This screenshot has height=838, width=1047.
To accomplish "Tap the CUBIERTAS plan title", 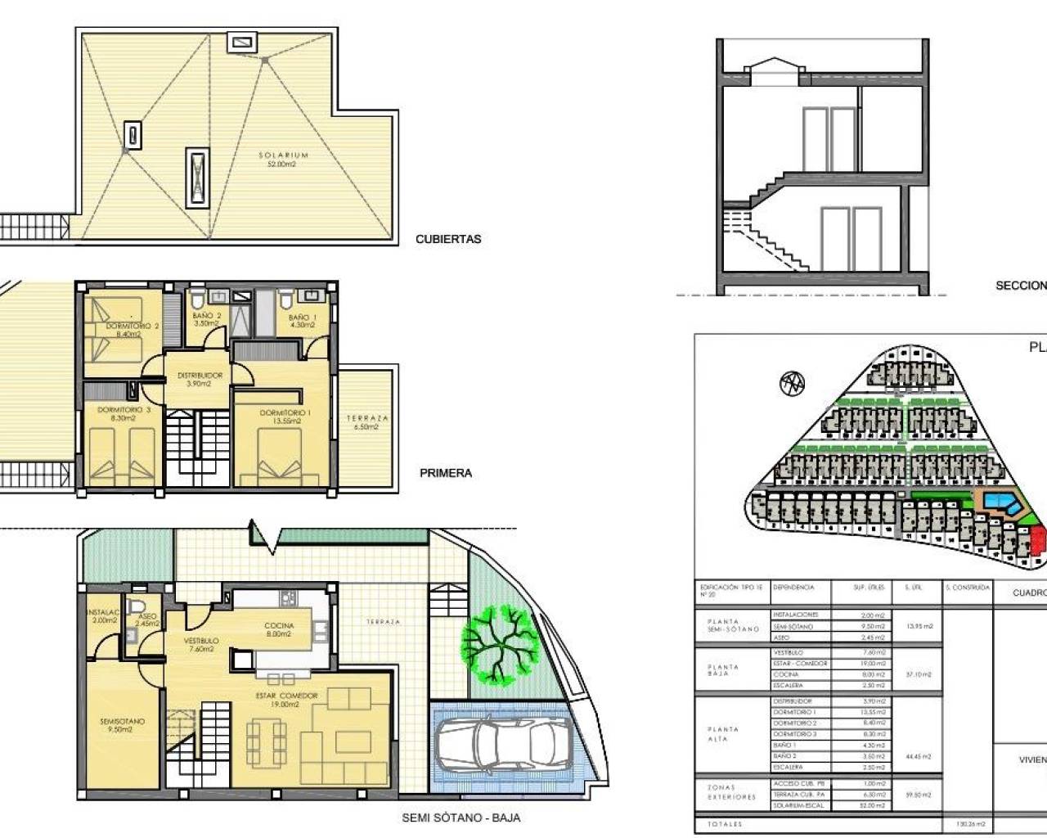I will (448, 240).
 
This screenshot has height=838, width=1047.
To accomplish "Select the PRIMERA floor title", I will (446, 473).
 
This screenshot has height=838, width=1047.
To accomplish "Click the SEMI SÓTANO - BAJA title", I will (461, 817).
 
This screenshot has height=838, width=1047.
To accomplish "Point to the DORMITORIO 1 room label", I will (285, 413).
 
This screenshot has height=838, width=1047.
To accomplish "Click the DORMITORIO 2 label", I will (132, 326).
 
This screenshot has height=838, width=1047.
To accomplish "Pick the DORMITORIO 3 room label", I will (124, 410).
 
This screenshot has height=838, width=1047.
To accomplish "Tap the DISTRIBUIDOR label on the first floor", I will (200, 376).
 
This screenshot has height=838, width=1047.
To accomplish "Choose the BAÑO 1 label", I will (302, 317).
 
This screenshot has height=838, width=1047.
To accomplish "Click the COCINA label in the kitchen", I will (279, 626).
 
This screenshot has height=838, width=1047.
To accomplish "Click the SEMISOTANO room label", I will (123, 722).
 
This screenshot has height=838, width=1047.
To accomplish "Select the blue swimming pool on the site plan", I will (1002, 502).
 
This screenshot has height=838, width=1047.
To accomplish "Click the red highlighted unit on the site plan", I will (1039, 541).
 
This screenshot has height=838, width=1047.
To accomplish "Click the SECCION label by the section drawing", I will (1020, 286).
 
